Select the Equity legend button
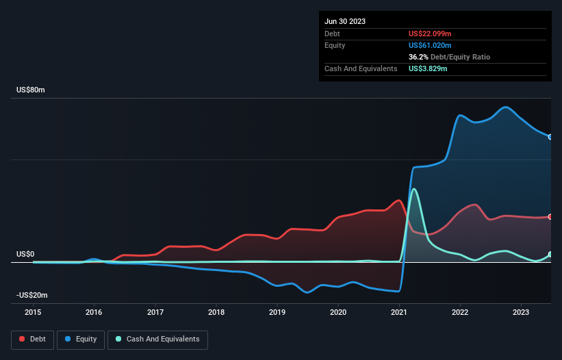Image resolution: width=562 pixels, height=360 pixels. point(81,339)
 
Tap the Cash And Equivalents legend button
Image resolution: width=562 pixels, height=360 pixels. point(157,339)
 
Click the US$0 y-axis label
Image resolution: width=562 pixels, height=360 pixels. point(25,254)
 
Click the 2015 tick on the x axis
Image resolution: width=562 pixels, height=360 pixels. point(33,312)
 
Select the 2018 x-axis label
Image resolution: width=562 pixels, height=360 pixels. point(216,312)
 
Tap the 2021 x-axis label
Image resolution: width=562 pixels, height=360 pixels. point(399,312)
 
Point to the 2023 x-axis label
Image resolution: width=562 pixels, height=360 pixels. point(521,312)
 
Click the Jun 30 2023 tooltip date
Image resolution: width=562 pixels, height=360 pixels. point(345,21)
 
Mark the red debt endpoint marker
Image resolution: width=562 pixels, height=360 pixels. point(550,216)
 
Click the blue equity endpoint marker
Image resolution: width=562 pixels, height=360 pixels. point(550,137)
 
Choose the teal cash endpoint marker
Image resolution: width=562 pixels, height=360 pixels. point(550,255)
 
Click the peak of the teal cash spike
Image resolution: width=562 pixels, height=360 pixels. point(413,189)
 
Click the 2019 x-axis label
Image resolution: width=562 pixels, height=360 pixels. point(277,312)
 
